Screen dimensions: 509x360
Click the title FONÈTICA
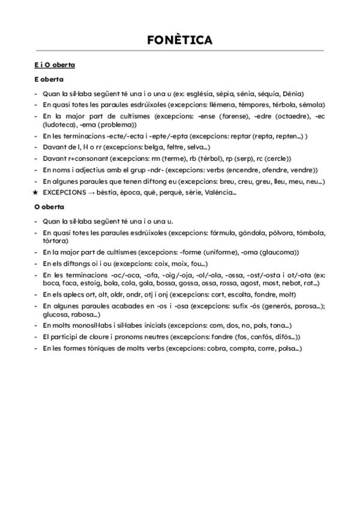179,40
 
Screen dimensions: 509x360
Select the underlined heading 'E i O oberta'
55,65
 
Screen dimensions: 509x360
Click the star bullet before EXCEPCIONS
37,193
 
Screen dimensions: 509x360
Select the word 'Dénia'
292,94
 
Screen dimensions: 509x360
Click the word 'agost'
239,283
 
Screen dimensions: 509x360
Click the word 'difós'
281,337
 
